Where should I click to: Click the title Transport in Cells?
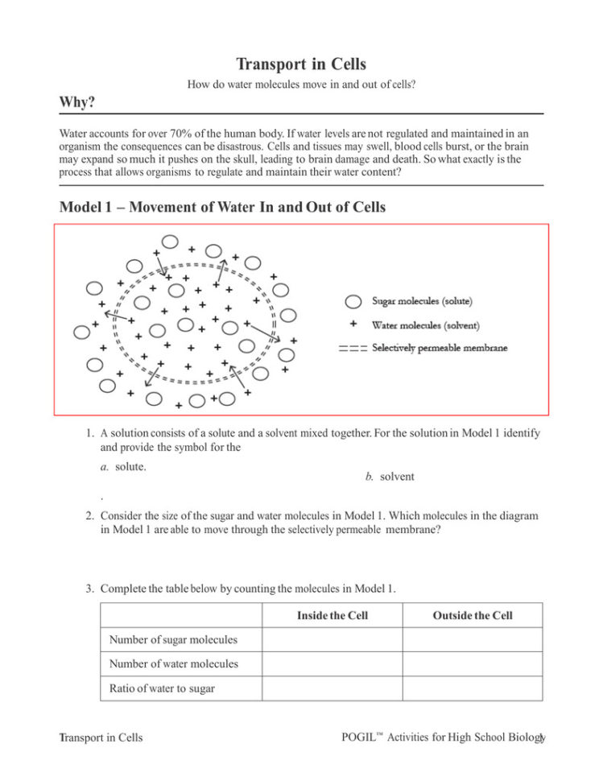pos(301,64)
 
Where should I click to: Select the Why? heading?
pos(78,102)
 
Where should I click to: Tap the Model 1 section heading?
pos(222,207)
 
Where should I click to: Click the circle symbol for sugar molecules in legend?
pos(353,302)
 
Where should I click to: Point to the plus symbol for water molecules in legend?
pos(353,325)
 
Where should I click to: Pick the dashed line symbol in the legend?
pos(353,349)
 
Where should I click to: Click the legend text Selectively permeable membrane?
pos(440,349)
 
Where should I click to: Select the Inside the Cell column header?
pos(332,615)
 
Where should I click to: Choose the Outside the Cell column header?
pos(472,615)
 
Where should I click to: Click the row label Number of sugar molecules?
pos(174,639)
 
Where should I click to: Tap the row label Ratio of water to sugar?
pos(162,688)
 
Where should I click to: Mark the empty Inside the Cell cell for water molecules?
pos(332,664)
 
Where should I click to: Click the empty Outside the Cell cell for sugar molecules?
pos(472,639)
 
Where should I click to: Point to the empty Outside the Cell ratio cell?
pos(472,688)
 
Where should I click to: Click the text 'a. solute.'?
pos(123,466)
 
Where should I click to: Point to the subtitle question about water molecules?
pos(301,84)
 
